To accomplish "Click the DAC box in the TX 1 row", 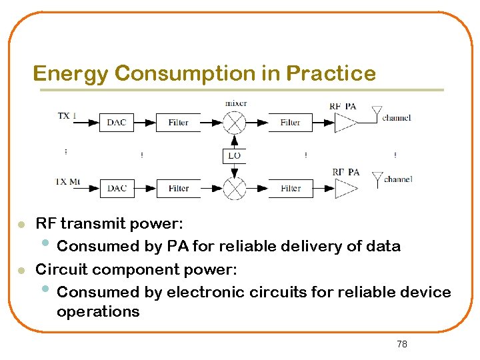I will [x=117, y=123].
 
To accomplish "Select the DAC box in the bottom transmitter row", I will [x=117, y=189].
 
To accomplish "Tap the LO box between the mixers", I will [x=234, y=156].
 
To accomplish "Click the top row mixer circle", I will [x=234, y=123].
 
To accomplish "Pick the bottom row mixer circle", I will [x=234, y=189].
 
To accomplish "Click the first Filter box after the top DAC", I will [x=178, y=123].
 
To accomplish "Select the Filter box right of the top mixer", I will [x=290, y=123].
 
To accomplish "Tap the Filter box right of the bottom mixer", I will [x=290, y=189].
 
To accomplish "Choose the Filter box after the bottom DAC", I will [x=178, y=189].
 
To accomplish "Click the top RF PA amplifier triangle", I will [x=344, y=123].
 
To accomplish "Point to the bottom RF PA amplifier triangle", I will [x=344, y=189].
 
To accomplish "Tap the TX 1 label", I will [x=67, y=116].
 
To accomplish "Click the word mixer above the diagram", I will [x=236, y=103].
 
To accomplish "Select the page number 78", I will [x=401, y=344].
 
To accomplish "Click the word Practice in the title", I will [x=331, y=73].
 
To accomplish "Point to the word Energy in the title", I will [x=70, y=73].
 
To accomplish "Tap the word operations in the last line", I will [x=98, y=311].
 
